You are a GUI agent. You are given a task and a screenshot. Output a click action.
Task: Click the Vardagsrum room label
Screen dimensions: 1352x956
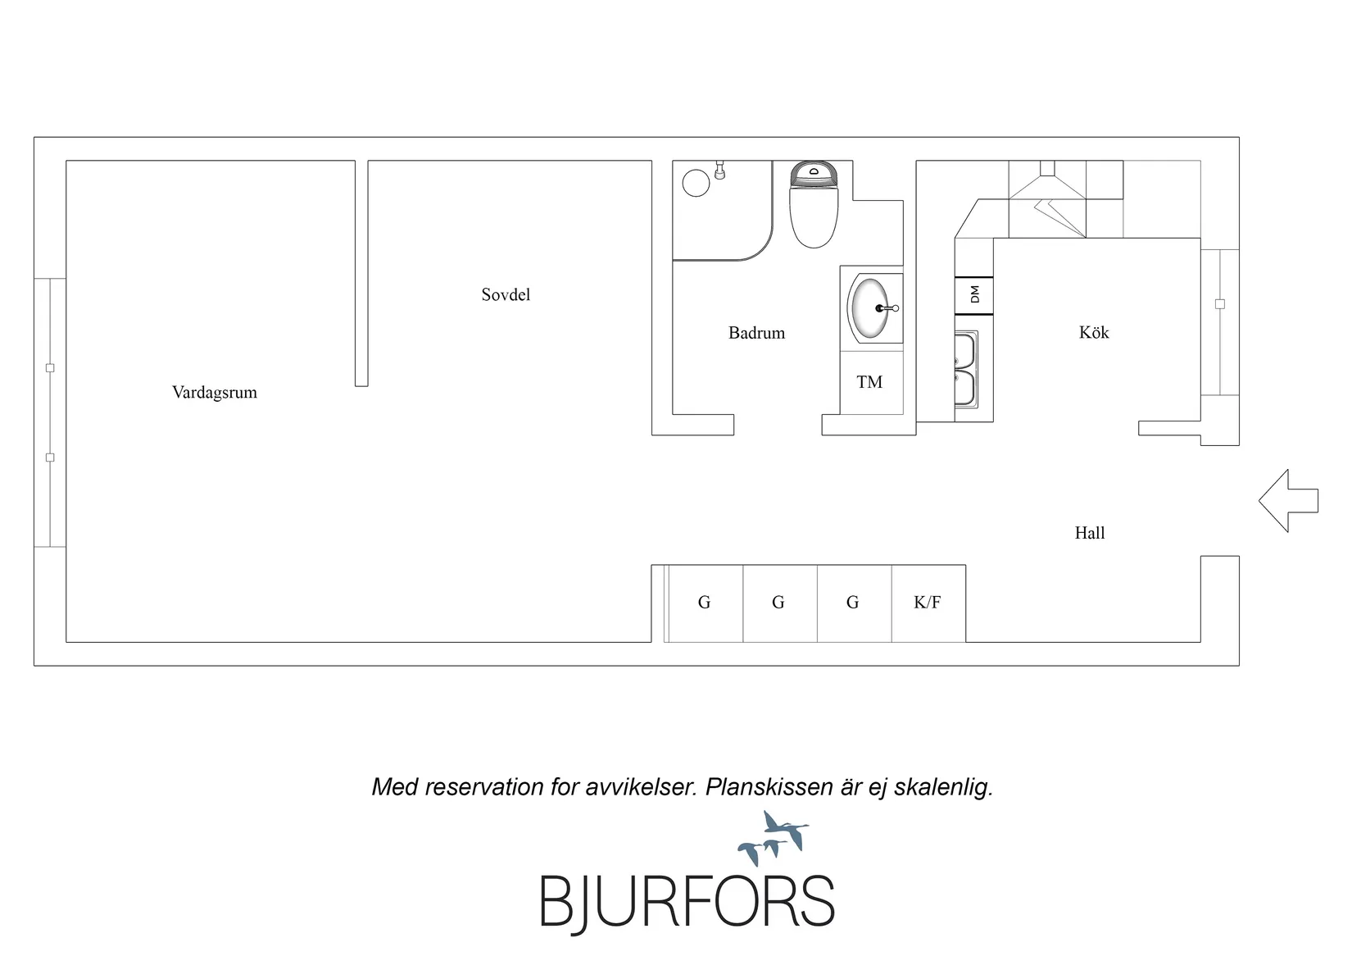tap(214, 393)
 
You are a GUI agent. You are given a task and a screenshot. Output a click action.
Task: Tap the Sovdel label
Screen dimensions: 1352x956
tap(506, 294)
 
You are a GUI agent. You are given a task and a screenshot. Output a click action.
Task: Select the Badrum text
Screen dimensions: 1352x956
tap(757, 333)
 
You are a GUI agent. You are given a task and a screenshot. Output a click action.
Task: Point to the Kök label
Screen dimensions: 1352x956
tap(1094, 332)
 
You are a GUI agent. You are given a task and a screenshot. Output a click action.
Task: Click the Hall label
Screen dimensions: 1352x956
tap(1090, 533)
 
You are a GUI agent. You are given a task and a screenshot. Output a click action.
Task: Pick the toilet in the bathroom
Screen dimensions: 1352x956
tap(814, 204)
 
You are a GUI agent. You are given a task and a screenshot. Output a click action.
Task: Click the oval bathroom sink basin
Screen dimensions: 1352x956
tap(869, 307)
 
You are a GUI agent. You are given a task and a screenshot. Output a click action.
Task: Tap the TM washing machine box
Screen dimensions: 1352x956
tap(871, 382)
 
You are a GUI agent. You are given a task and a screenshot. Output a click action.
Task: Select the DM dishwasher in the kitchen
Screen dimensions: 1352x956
tap(973, 295)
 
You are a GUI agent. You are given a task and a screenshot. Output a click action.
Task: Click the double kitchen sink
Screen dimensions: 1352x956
tap(966, 370)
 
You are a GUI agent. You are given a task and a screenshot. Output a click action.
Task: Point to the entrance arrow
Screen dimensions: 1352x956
tap(1288, 501)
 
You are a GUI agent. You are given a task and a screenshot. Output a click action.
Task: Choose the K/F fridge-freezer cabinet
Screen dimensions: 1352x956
tap(928, 603)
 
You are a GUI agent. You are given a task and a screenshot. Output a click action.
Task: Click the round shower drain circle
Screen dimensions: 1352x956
tap(696, 183)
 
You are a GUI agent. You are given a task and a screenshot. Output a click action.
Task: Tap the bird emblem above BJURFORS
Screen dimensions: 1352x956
tap(774, 839)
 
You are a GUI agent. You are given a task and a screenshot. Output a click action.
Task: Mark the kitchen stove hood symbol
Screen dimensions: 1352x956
tap(1047, 199)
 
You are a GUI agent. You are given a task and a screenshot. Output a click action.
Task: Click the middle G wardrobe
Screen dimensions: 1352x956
tap(780, 603)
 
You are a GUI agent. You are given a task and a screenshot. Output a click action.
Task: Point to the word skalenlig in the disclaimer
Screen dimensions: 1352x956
tap(943, 787)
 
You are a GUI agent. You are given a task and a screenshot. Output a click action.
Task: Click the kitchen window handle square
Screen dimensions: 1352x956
tap(1220, 303)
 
